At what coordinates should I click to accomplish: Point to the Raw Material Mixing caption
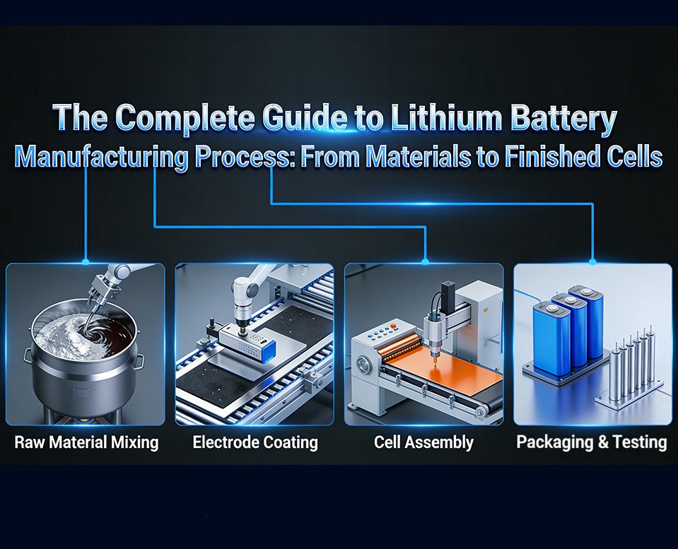point(86,443)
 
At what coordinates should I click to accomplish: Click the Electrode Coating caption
point(255,443)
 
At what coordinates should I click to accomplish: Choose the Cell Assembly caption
point(423,443)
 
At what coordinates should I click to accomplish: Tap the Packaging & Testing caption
point(592,443)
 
